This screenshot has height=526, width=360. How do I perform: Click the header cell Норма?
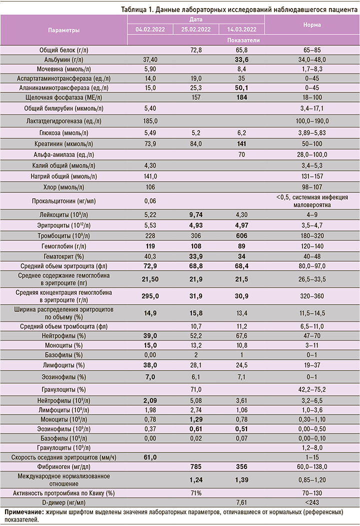pos(312,24)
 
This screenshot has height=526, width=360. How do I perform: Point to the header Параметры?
pos(63,30)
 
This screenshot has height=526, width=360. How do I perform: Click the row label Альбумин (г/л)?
pos(64,59)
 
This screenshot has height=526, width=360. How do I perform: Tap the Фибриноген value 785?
pos(196,467)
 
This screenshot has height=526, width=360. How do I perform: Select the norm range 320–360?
pos(312,296)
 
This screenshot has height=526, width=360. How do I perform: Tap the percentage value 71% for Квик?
pos(196,493)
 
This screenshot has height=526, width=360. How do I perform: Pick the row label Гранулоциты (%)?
pos(64,389)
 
